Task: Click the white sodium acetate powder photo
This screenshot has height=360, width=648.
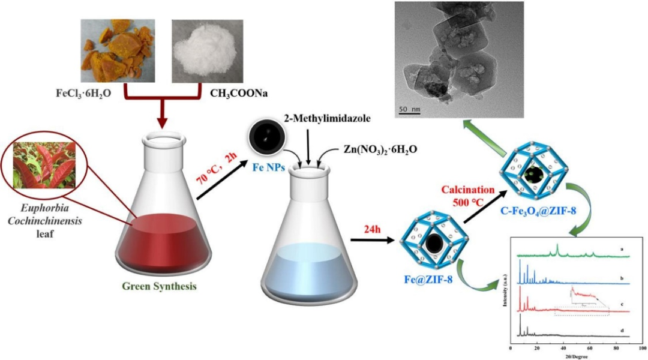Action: [x=207, y=51]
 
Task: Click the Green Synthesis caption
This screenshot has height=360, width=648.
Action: [x=159, y=287]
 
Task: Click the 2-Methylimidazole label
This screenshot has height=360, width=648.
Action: [x=328, y=119]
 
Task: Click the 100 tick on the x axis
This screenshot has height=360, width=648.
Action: [x=641, y=348]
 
